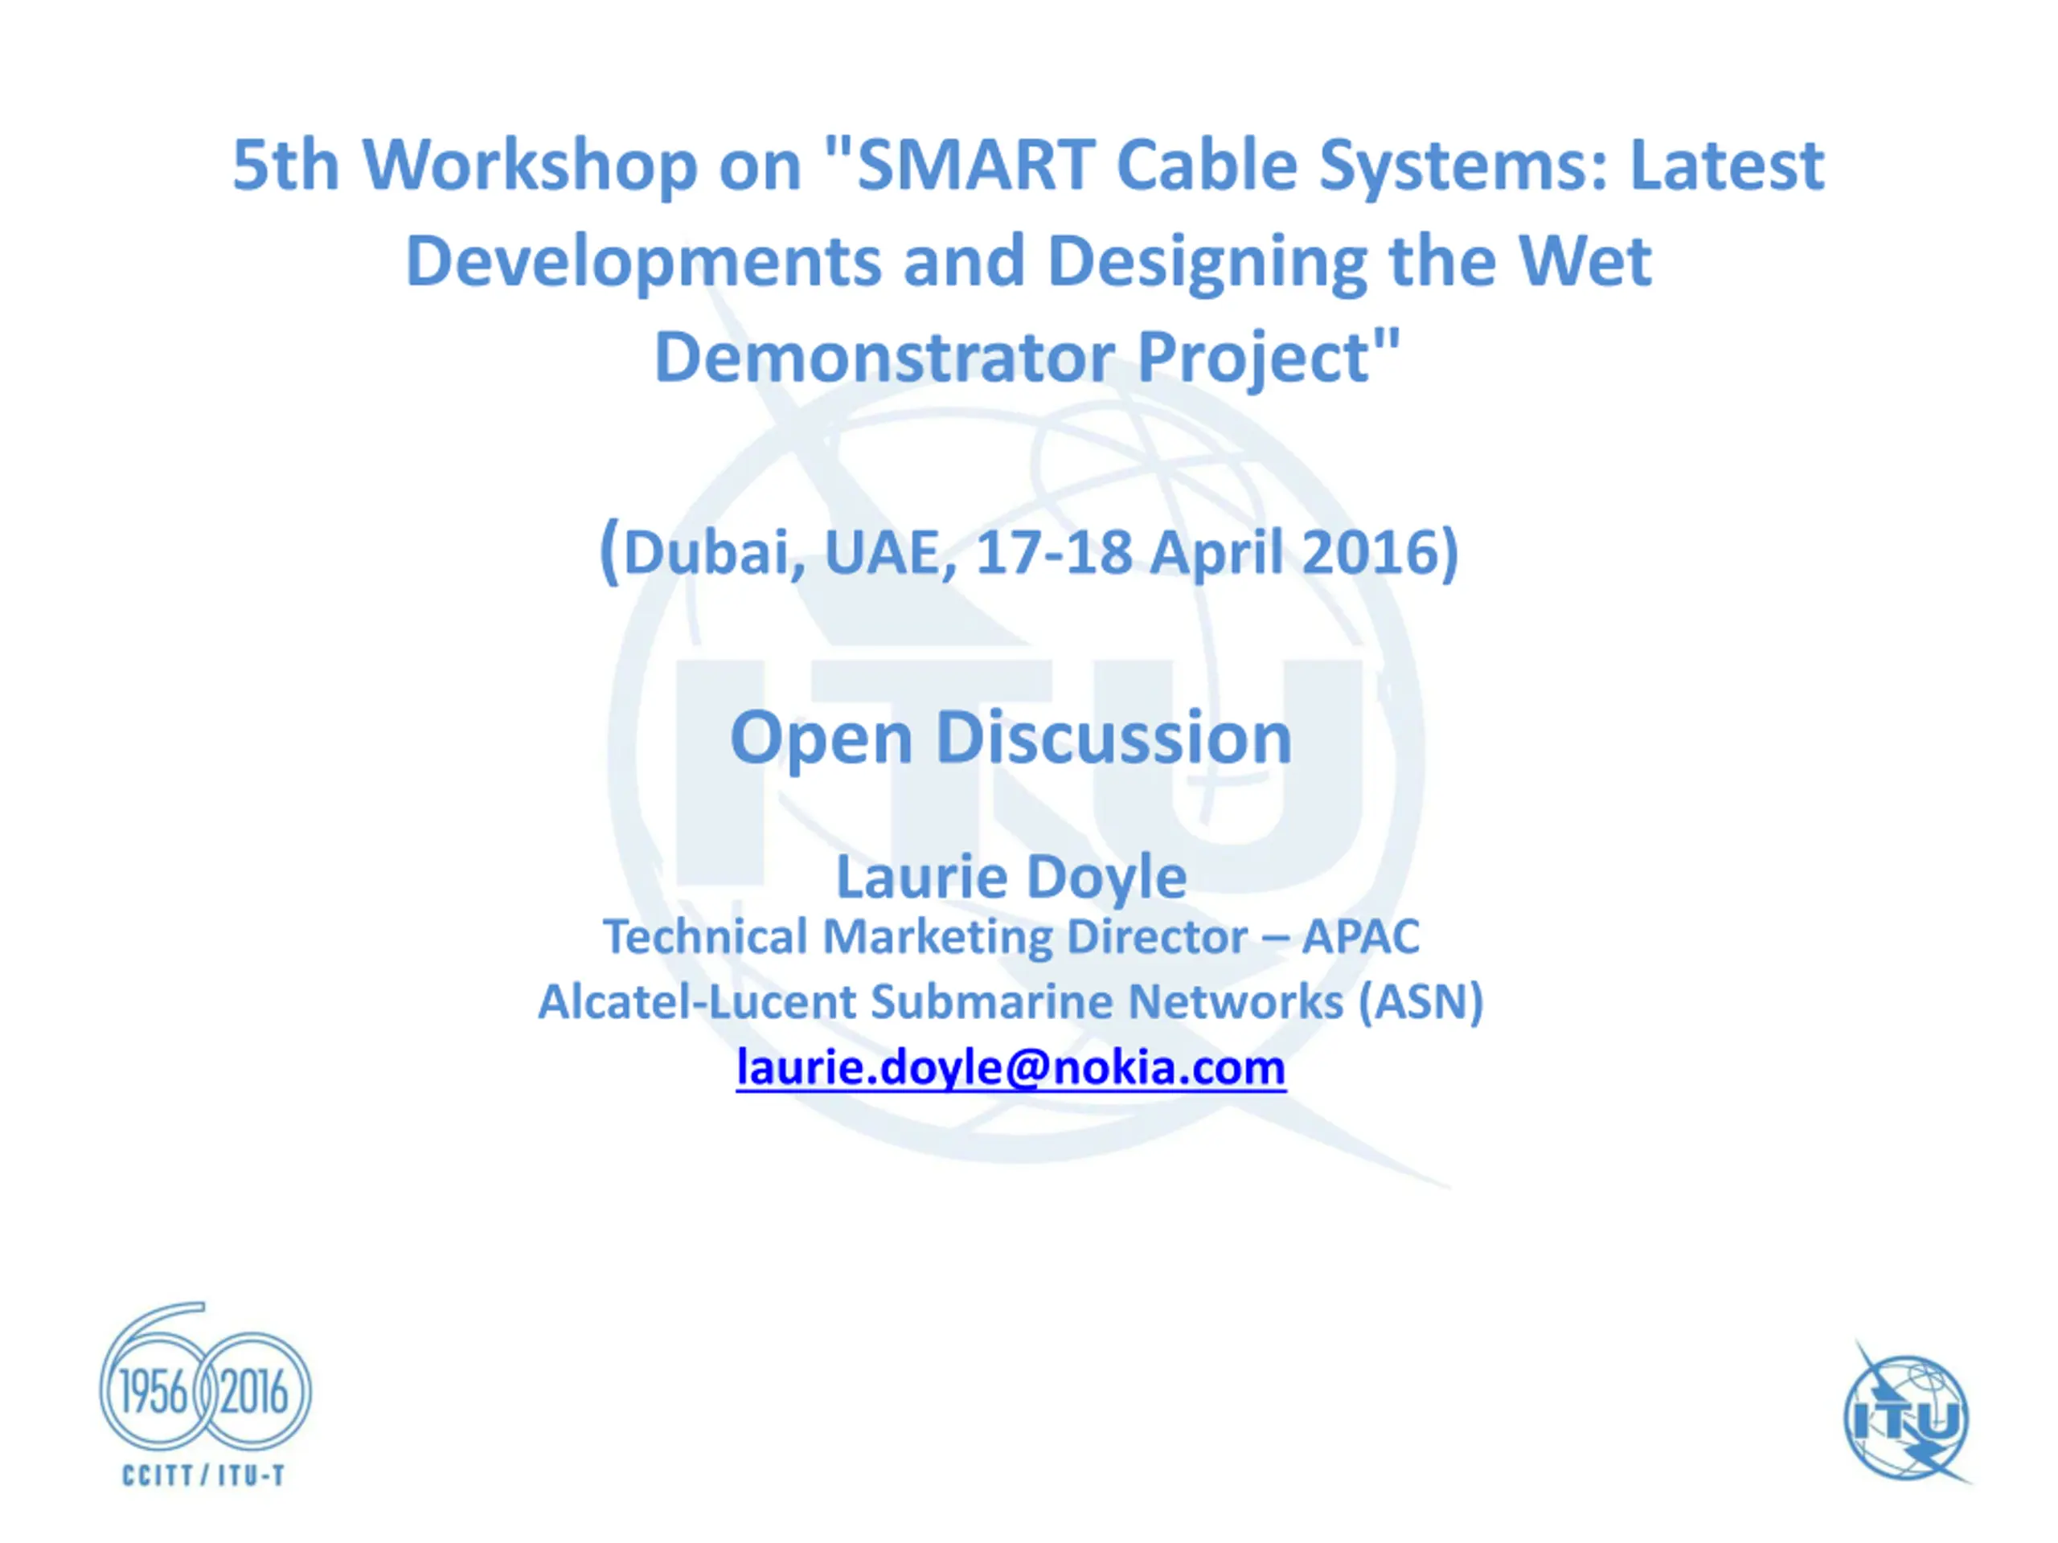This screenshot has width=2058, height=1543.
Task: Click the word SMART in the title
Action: point(974,165)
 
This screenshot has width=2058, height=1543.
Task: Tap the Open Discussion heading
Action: point(1011,739)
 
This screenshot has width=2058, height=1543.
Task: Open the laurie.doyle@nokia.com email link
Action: point(1011,1066)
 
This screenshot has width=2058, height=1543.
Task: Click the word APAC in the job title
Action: point(1360,936)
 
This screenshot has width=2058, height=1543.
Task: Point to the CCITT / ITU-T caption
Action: point(203,1476)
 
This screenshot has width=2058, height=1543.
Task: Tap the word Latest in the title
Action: point(1727,165)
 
